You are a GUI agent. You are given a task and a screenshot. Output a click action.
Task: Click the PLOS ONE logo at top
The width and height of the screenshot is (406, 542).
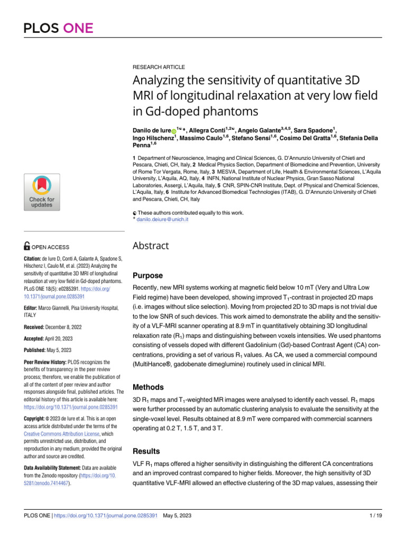tap(58, 28)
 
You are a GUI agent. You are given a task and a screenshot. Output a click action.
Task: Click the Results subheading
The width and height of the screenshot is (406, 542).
tap(146, 451)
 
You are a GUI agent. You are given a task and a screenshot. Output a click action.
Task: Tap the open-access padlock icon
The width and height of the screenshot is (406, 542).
tap(27, 246)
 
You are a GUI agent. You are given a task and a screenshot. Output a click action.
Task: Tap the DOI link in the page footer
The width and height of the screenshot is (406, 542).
tap(106, 516)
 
